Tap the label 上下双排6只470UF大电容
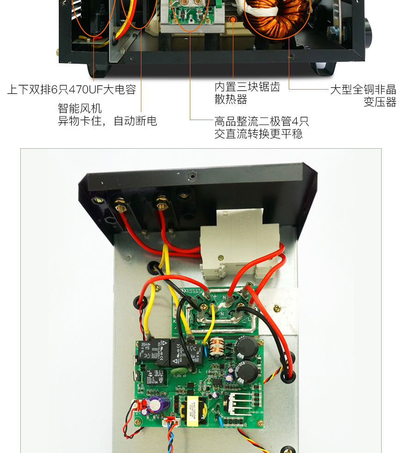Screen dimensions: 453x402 72,90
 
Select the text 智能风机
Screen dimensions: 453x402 79,109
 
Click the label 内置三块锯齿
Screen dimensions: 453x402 247,87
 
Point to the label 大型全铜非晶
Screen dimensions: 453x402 363,90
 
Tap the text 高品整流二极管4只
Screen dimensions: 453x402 262,122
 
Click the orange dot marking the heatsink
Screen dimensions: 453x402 233,19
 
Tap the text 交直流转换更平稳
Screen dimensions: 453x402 259,134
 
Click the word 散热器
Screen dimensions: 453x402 231,100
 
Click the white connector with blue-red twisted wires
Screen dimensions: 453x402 171,421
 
